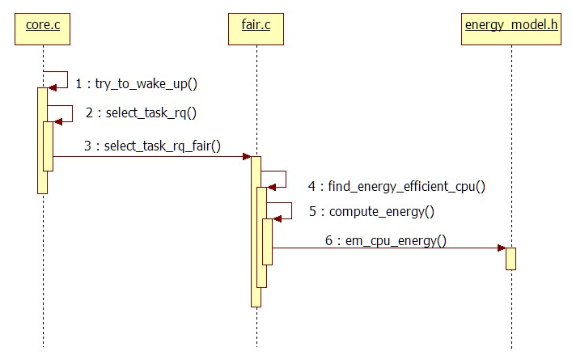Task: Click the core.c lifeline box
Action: (x=43, y=29)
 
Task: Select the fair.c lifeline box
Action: (x=256, y=29)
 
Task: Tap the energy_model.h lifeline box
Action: (x=511, y=29)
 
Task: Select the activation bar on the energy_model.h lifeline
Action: (x=511, y=259)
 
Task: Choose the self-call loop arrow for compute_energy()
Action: (x=283, y=210)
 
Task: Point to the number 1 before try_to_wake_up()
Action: (x=78, y=83)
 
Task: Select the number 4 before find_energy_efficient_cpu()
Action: (x=311, y=186)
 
